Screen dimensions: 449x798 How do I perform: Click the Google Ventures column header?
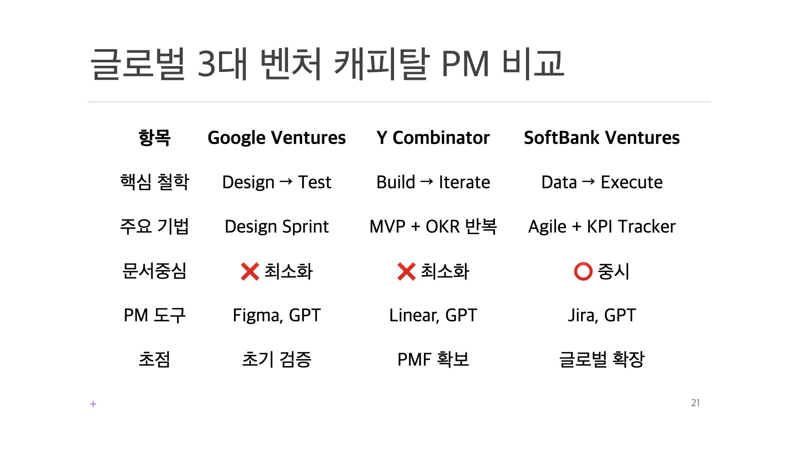click(276, 138)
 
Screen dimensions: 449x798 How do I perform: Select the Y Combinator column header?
click(433, 138)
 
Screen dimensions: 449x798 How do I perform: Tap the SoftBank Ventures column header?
click(601, 138)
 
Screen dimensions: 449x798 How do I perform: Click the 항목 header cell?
click(154, 138)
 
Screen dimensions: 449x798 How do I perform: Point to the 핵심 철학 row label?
click(154, 182)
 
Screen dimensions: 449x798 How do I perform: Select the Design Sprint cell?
click(276, 227)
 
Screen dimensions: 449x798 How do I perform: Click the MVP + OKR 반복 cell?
click(433, 227)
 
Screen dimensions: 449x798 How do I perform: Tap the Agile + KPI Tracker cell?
click(601, 227)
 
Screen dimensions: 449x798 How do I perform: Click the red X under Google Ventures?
click(250, 271)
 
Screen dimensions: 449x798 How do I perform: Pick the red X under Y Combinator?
click(406, 271)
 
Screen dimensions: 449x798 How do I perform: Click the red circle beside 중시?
click(583, 271)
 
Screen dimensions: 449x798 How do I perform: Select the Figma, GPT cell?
click(276, 315)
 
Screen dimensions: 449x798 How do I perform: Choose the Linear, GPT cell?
click(433, 315)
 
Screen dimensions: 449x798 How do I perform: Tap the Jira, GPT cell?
click(601, 315)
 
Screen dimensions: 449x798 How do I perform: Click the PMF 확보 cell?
click(433, 360)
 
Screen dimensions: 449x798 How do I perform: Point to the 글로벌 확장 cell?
click(601, 360)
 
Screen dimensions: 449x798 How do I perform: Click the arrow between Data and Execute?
click(589, 182)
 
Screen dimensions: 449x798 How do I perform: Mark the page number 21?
click(695, 403)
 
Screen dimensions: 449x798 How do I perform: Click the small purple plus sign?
click(93, 404)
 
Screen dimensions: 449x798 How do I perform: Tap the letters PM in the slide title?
click(465, 64)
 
